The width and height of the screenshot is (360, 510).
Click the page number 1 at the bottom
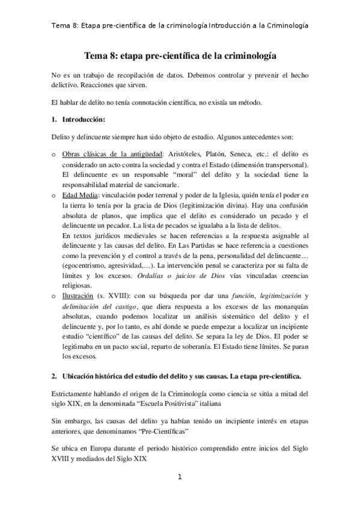pos(179,478)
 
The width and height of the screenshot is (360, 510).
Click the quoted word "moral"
pos(191,174)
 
